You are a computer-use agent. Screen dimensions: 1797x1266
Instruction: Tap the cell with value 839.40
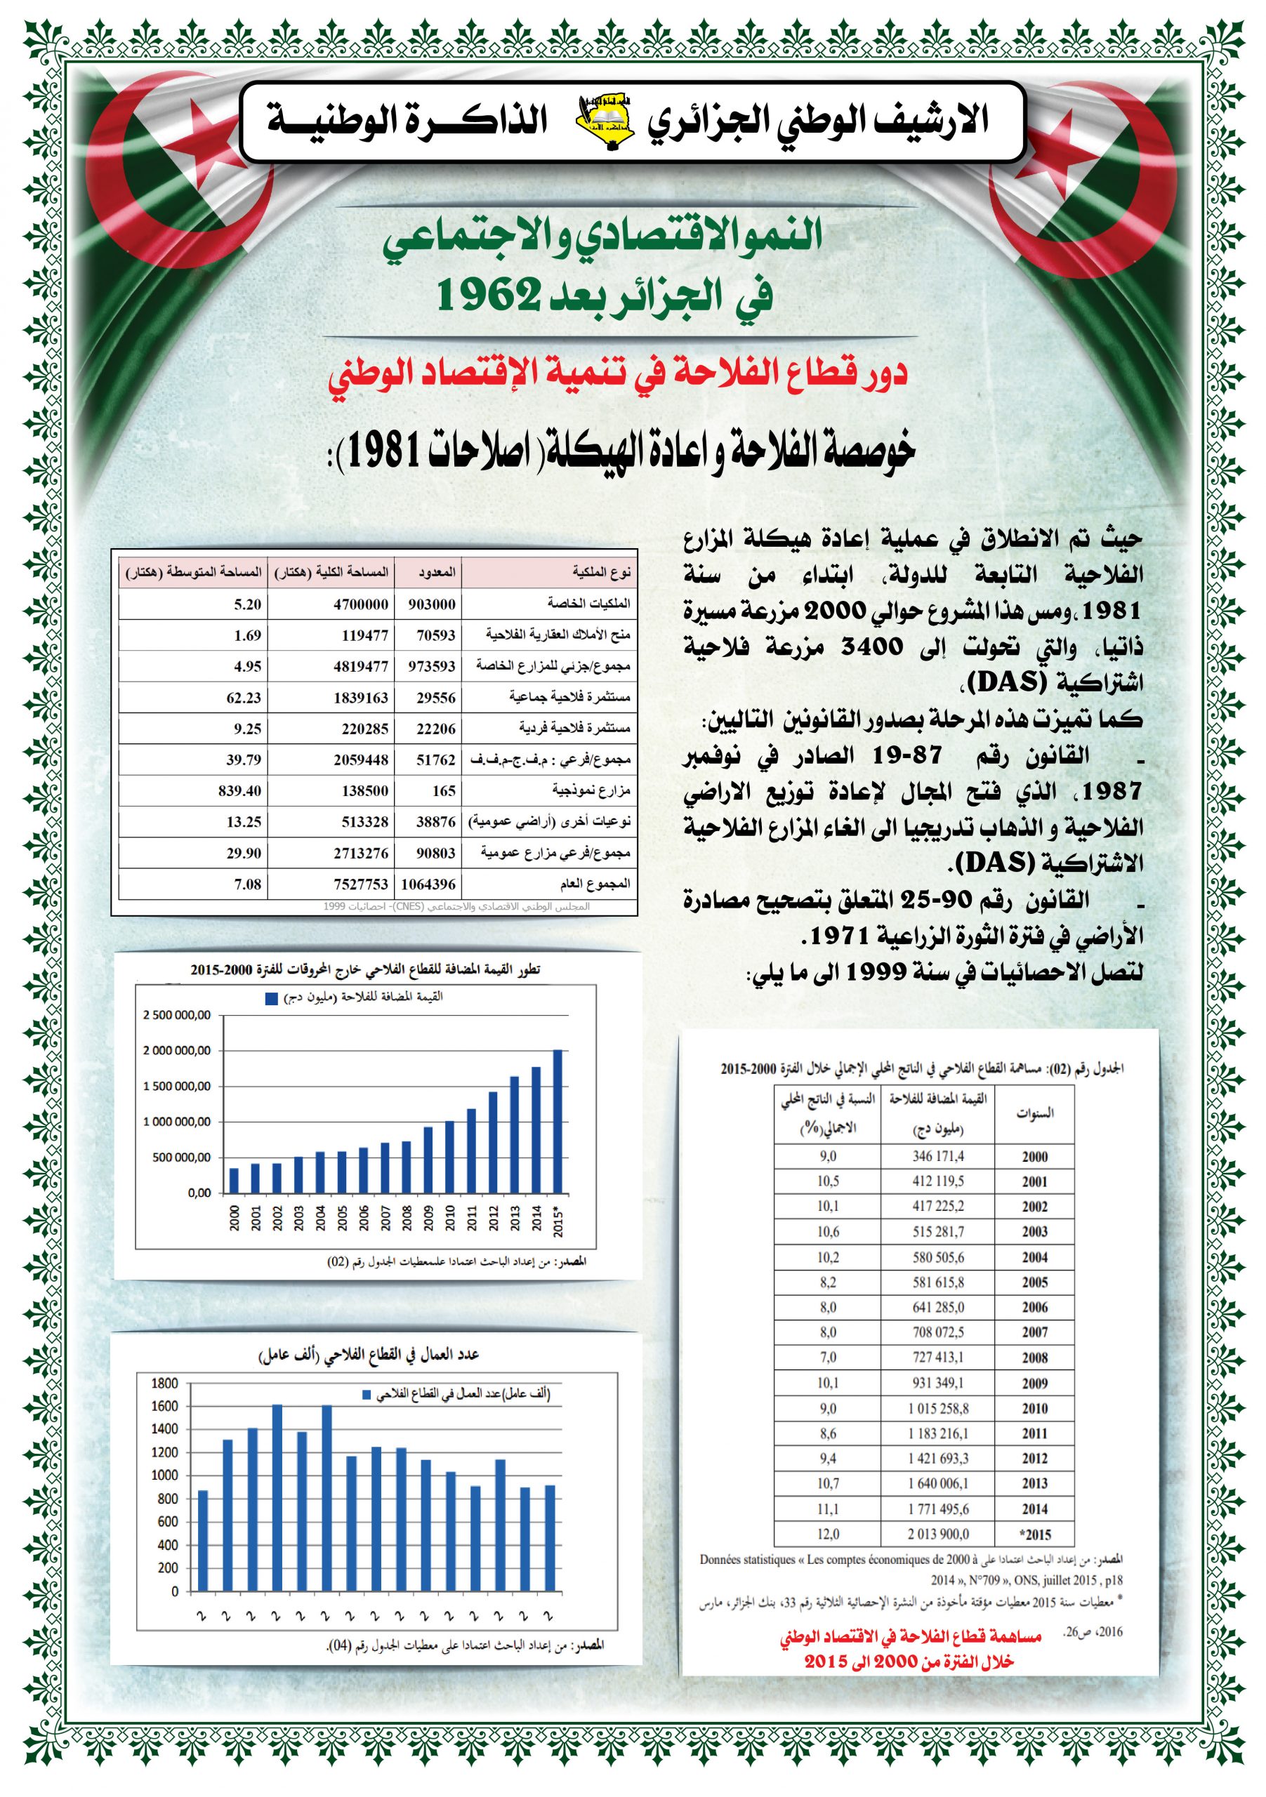239,790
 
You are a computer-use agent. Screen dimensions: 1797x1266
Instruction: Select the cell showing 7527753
361,884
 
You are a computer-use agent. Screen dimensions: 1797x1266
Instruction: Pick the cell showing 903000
431,604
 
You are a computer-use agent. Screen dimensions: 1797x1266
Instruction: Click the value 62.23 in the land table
244,697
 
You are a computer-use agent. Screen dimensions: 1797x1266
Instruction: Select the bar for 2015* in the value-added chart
558,1121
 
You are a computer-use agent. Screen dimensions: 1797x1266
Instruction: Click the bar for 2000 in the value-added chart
234,1180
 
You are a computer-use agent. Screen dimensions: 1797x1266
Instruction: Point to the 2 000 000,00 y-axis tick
176,1050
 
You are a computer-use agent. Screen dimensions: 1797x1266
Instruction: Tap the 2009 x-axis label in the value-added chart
428,1218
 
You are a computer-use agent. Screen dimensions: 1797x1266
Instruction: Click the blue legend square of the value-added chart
272,998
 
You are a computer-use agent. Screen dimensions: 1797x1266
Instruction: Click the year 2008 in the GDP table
1034,1358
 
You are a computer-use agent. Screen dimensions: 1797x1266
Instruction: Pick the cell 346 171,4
938,1156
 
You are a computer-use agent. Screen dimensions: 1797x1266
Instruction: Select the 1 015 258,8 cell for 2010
938,1408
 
